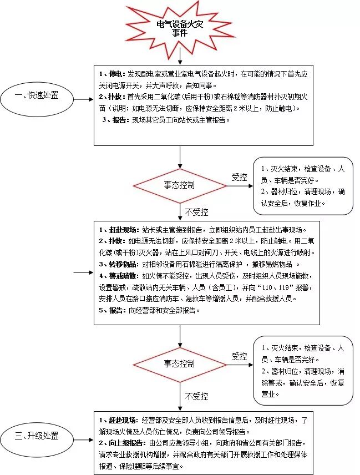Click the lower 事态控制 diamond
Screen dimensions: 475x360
click(180, 364)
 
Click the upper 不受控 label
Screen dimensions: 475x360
click(196, 212)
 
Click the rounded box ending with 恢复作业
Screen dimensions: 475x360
click(303, 185)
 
